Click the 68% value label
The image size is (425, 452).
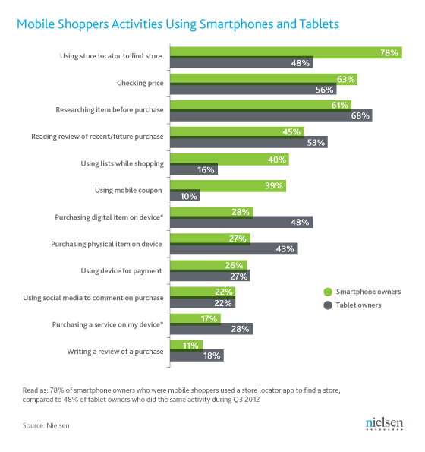(360, 116)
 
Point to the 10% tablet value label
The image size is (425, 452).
(189, 196)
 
